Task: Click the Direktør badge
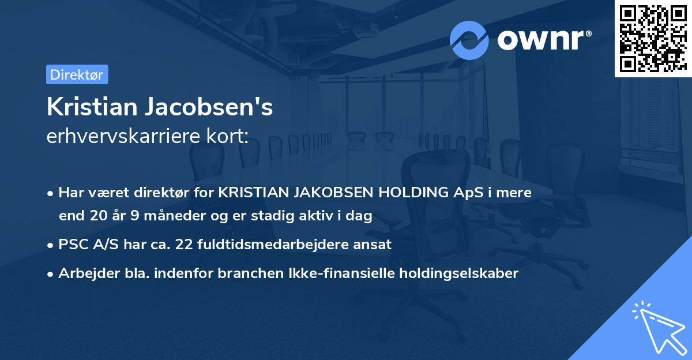[77, 74]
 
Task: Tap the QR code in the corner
[653, 39]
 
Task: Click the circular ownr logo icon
[469, 40]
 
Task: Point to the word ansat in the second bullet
[374, 244]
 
